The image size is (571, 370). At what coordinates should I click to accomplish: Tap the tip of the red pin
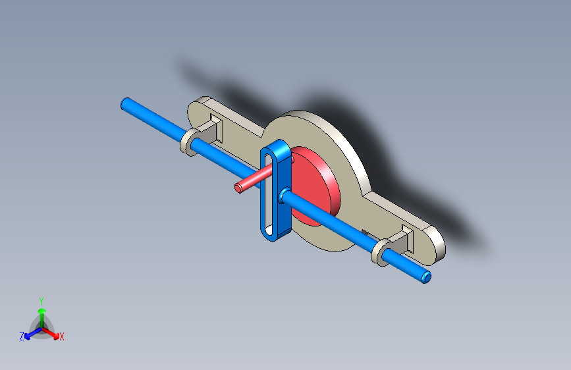(238, 188)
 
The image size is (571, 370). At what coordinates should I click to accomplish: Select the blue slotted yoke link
(277, 190)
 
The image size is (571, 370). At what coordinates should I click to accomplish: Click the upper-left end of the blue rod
(126, 103)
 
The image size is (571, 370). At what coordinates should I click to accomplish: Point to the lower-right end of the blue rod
(426, 278)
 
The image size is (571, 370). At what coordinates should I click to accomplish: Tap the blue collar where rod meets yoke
(284, 196)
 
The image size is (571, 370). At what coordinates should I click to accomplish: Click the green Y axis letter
(41, 302)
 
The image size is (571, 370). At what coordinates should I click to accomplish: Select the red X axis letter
(61, 337)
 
